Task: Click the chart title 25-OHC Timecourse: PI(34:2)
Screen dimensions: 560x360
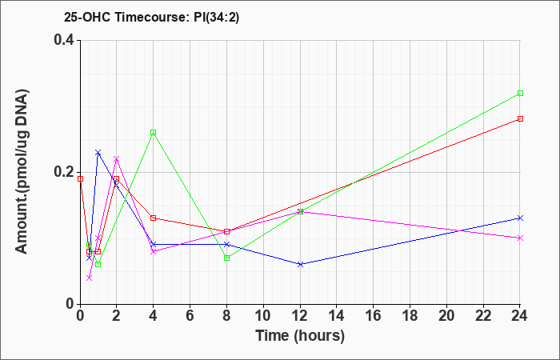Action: point(151,18)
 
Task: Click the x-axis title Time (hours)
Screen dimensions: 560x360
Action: point(300,336)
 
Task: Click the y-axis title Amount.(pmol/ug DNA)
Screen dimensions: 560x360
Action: point(22,171)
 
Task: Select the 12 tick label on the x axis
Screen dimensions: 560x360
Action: point(300,316)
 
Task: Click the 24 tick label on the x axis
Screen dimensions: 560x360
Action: point(520,316)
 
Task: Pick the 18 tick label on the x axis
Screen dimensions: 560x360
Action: point(410,316)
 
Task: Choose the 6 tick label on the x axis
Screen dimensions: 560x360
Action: point(190,316)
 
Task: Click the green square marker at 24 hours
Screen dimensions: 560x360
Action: point(520,94)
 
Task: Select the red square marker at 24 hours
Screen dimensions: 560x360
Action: point(520,119)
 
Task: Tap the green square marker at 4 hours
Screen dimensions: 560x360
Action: point(154,133)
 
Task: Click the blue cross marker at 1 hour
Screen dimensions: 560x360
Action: point(98,153)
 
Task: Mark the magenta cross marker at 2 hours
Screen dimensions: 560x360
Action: point(117,159)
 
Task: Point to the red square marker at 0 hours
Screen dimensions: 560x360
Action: point(80,179)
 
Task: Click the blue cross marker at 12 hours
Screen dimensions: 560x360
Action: point(300,264)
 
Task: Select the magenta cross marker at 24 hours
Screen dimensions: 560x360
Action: point(520,238)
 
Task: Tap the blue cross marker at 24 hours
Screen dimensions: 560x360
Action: point(520,218)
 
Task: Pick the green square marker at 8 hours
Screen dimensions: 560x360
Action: point(226,258)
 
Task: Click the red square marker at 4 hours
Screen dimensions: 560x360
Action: point(154,218)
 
